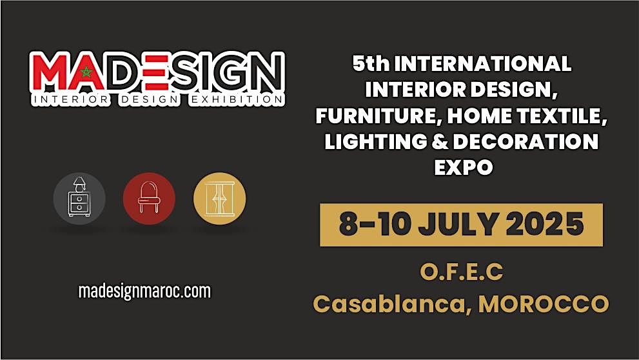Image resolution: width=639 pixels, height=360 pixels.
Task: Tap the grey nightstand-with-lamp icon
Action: point(79,198)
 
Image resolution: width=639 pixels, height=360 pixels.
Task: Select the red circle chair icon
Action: point(149,198)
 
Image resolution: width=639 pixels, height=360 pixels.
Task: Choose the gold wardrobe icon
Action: point(219,198)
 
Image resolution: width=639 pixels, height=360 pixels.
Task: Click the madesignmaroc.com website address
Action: point(144,291)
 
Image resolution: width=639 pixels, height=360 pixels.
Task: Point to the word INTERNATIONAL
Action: point(482,64)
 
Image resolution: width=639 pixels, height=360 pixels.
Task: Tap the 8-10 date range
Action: point(375,224)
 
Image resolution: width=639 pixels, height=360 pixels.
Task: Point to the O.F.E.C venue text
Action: point(461,272)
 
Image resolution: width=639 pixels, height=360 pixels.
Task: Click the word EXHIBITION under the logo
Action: point(243,100)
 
